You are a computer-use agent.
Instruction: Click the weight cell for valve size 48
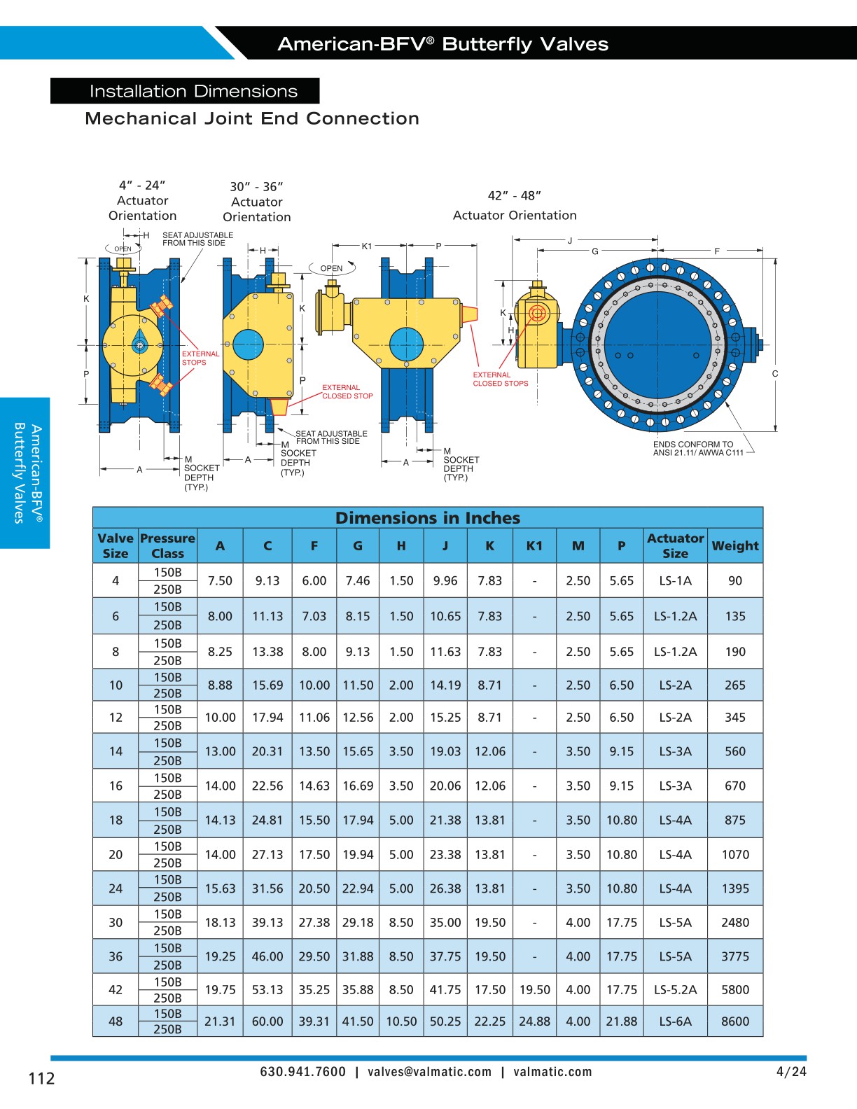point(734,1021)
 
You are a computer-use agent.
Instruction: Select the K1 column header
point(534,546)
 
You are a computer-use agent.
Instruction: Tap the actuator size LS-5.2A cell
point(675,990)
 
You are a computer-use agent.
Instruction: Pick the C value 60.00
point(267,1021)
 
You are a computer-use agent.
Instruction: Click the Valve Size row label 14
point(116,751)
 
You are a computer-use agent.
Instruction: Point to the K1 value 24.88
point(534,1021)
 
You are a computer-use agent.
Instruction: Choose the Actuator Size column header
point(675,545)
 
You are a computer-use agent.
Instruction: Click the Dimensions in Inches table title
point(428,518)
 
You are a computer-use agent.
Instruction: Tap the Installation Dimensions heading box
point(185,91)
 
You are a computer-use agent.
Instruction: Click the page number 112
point(41,1078)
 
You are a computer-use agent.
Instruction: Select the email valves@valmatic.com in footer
point(429,1072)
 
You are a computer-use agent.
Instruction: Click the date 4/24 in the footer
point(791,1072)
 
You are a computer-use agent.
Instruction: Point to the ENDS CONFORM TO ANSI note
point(697,449)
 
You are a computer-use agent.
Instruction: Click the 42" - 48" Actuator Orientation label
point(515,206)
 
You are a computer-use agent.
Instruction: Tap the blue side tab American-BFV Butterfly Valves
point(26,473)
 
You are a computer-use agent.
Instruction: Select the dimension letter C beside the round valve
point(775,374)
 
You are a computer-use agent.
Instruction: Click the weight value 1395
point(734,888)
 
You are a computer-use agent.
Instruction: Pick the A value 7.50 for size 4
point(220,581)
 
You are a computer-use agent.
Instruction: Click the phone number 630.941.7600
point(302,1072)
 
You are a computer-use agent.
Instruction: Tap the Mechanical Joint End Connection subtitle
point(252,118)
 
